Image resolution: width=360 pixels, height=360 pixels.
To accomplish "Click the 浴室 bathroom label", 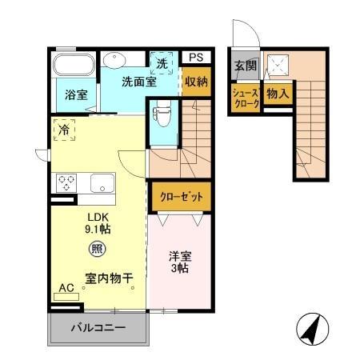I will click(77, 94).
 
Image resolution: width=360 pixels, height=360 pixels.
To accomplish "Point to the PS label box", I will click(196, 58).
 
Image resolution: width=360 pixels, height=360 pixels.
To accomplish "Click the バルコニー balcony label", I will click(98, 328).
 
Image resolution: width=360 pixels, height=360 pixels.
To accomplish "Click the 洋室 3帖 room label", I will click(178, 263).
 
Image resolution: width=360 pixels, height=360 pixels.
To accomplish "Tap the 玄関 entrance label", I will click(245, 66).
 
